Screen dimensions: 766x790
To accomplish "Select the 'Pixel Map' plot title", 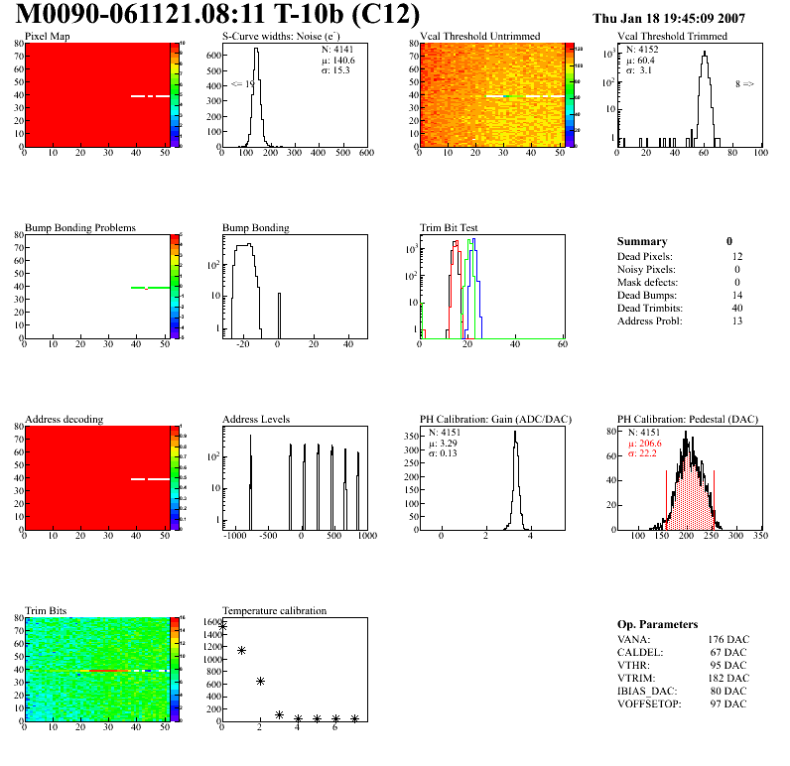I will click(x=48, y=37).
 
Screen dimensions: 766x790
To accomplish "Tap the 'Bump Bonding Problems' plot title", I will click(x=80, y=227).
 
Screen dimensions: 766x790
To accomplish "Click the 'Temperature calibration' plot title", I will click(x=274, y=610).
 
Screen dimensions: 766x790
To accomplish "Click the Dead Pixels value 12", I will click(x=733, y=257).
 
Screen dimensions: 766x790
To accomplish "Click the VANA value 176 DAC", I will click(x=725, y=639).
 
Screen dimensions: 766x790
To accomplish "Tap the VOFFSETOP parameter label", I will click(x=651, y=703).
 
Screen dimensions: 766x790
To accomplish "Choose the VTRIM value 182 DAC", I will click(x=725, y=678).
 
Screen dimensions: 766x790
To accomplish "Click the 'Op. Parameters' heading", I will click(x=656, y=624).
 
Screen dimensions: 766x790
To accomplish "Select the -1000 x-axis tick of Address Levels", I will click(x=235, y=536).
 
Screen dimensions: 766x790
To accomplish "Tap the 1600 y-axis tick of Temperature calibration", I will click(x=210, y=622).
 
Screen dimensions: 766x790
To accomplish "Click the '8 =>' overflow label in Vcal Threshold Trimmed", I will click(x=744, y=84).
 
